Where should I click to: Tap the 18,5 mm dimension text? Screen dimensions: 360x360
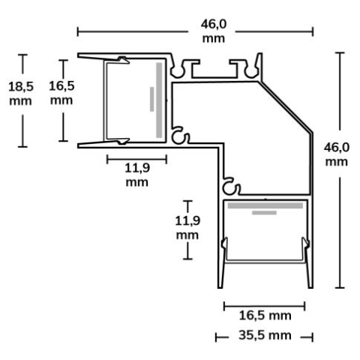21,93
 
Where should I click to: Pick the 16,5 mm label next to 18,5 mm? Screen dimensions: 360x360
61,92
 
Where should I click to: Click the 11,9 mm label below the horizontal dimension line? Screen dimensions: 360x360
136,174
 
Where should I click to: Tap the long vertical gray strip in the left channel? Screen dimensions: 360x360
159,100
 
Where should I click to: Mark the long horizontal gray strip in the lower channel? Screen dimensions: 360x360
265,204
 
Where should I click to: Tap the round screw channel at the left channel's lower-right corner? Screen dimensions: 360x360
179,137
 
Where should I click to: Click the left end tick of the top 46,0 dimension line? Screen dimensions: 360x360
79,31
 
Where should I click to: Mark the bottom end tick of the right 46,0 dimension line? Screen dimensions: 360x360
340,287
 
